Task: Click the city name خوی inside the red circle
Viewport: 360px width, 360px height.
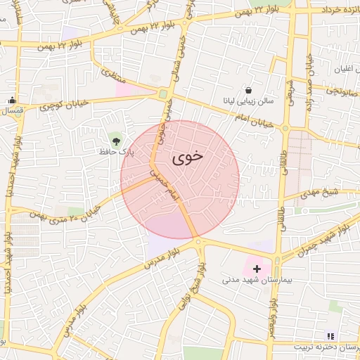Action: coord(186,156)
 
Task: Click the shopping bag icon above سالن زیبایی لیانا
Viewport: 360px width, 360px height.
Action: coord(249,90)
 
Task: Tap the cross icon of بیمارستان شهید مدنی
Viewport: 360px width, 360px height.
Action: coord(257,268)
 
